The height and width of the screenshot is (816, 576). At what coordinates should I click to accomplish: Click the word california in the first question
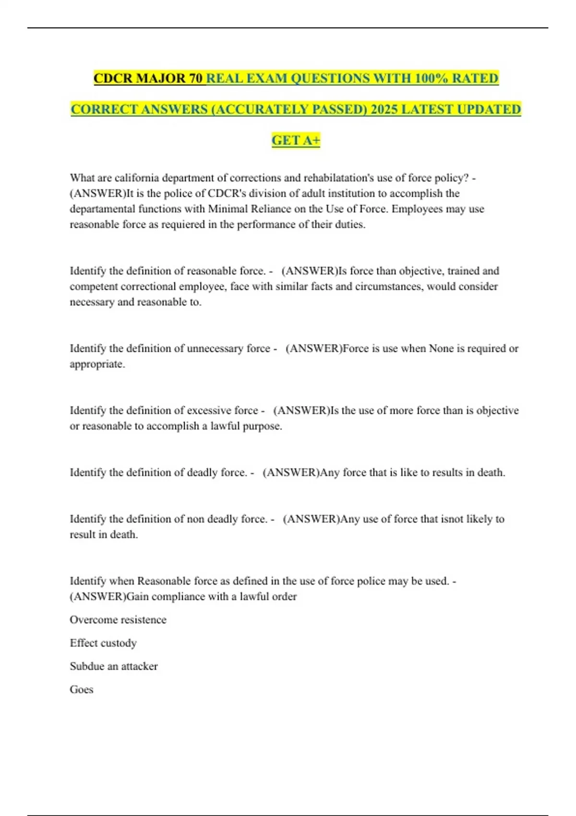coord(137,178)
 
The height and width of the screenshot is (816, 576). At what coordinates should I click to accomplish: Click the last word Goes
coord(82,690)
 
